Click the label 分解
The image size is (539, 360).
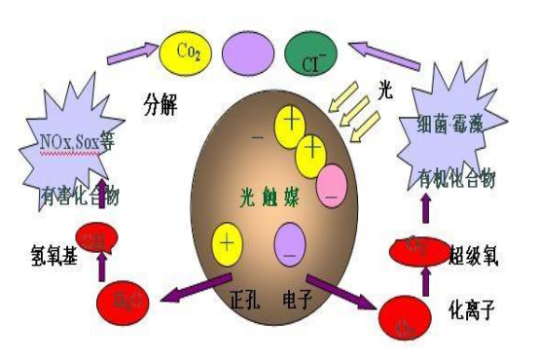tap(162, 101)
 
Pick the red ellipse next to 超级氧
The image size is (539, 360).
tap(419, 248)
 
